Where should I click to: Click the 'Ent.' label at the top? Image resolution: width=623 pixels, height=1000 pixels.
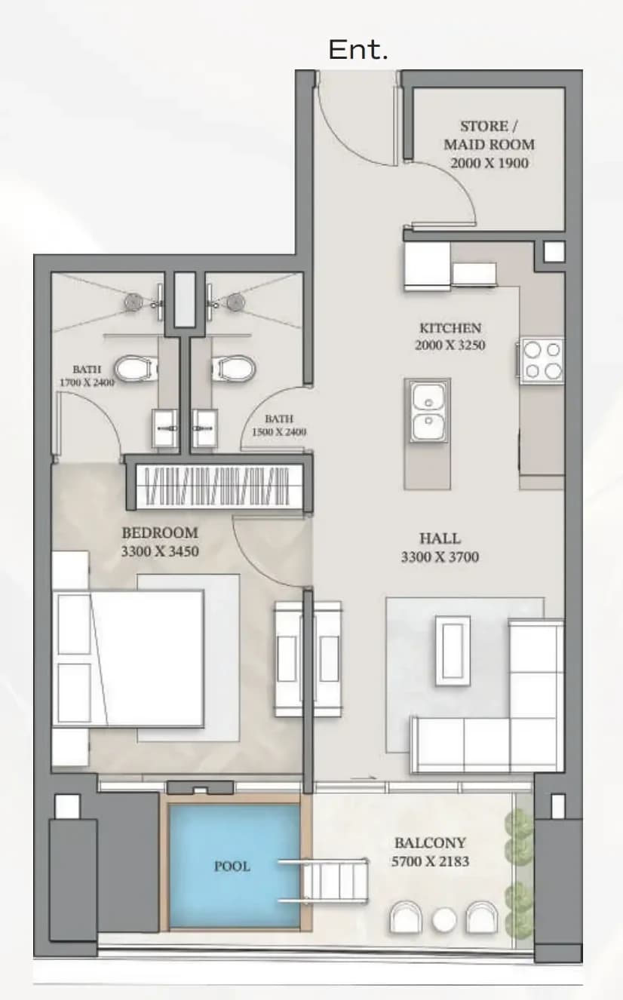[x=358, y=50]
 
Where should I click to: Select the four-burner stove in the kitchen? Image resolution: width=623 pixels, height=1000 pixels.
[x=542, y=360]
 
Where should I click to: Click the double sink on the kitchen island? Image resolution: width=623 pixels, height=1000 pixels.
[x=428, y=413]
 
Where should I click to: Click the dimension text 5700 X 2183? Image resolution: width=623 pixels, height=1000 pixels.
[x=430, y=861]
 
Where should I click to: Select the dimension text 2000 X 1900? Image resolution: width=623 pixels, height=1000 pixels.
[x=489, y=163]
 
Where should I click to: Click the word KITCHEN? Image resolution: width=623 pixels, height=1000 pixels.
[x=450, y=328]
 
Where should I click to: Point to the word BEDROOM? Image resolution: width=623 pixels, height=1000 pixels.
[x=160, y=532]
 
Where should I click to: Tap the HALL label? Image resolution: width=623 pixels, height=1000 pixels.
[x=440, y=538]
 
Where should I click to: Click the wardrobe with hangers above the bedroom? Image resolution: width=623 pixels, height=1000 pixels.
[x=218, y=487]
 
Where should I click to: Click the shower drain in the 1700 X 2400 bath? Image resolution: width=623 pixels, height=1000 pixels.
[x=132, y=302]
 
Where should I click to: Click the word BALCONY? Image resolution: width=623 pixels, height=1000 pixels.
[x=430, y=843]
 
